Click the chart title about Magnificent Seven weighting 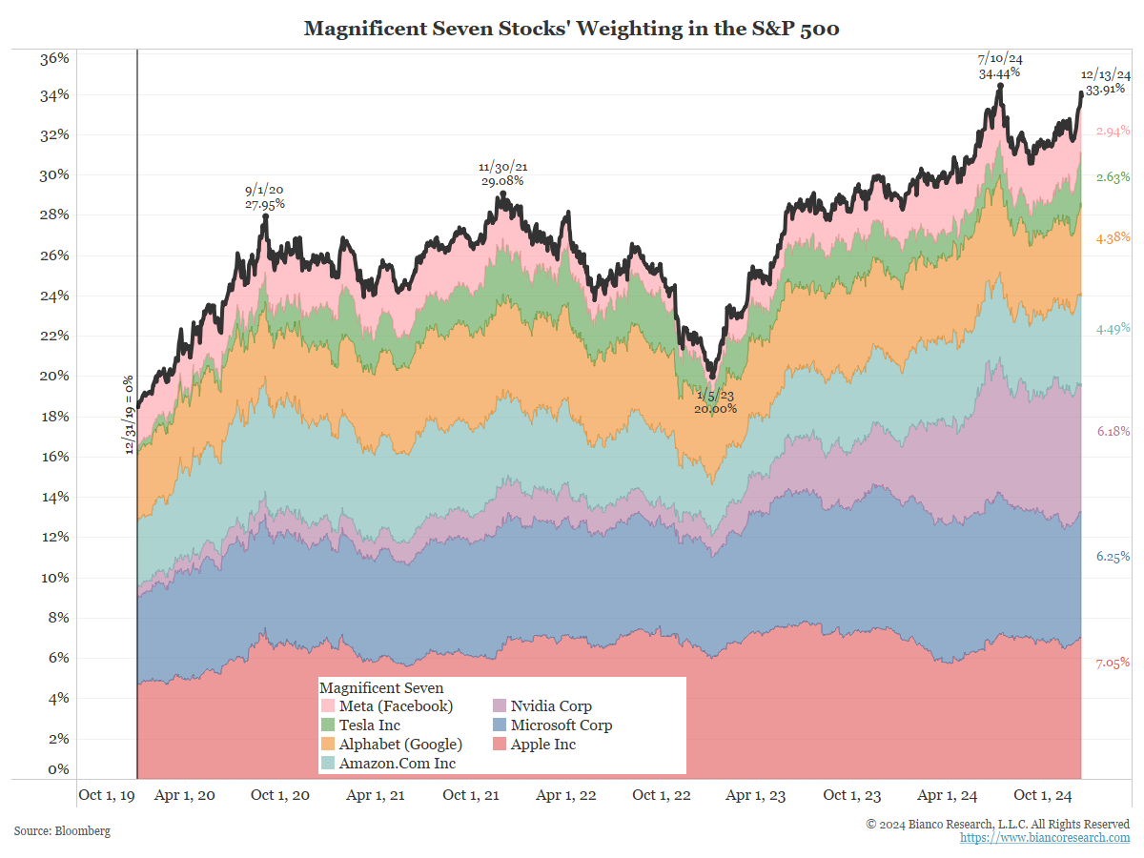pyautogui.click(x=571, y=29)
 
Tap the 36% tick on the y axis pyautogui.click(x=54, y=58)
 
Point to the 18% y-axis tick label pyautogui.click(x=54, y=417)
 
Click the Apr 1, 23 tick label pyautogui.click(x=757, y=795)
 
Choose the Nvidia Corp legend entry pyautogui.click(x=551, y=706)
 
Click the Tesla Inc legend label pyautogui.click(x=370, y=725)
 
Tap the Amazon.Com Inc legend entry pyautogui.click(x=397, y=764)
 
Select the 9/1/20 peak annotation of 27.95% pyautogui.click(x=265, y=196)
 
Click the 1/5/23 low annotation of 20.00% pyautogui.click(x=715, y=401)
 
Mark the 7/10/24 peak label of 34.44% pyautogui.click(x=1000, y=66)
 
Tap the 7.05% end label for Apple pyautogui.click(x=1113, y=663)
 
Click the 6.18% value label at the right pyautogui.click(x=1113, y=432)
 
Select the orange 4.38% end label pyautogui.click(x=1113, y=237)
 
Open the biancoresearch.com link pyautogui.click(x=1045, y=837)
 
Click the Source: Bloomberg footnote pyautogui.click(x=62, y=831)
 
